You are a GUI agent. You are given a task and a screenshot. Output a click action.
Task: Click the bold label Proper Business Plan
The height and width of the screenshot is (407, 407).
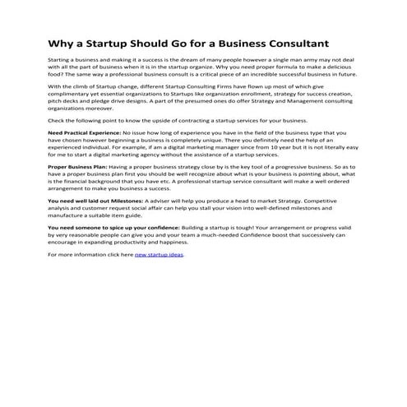(x=78, y=165)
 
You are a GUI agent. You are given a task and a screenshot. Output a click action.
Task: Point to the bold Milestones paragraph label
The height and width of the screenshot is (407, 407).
(x=95, y=199)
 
